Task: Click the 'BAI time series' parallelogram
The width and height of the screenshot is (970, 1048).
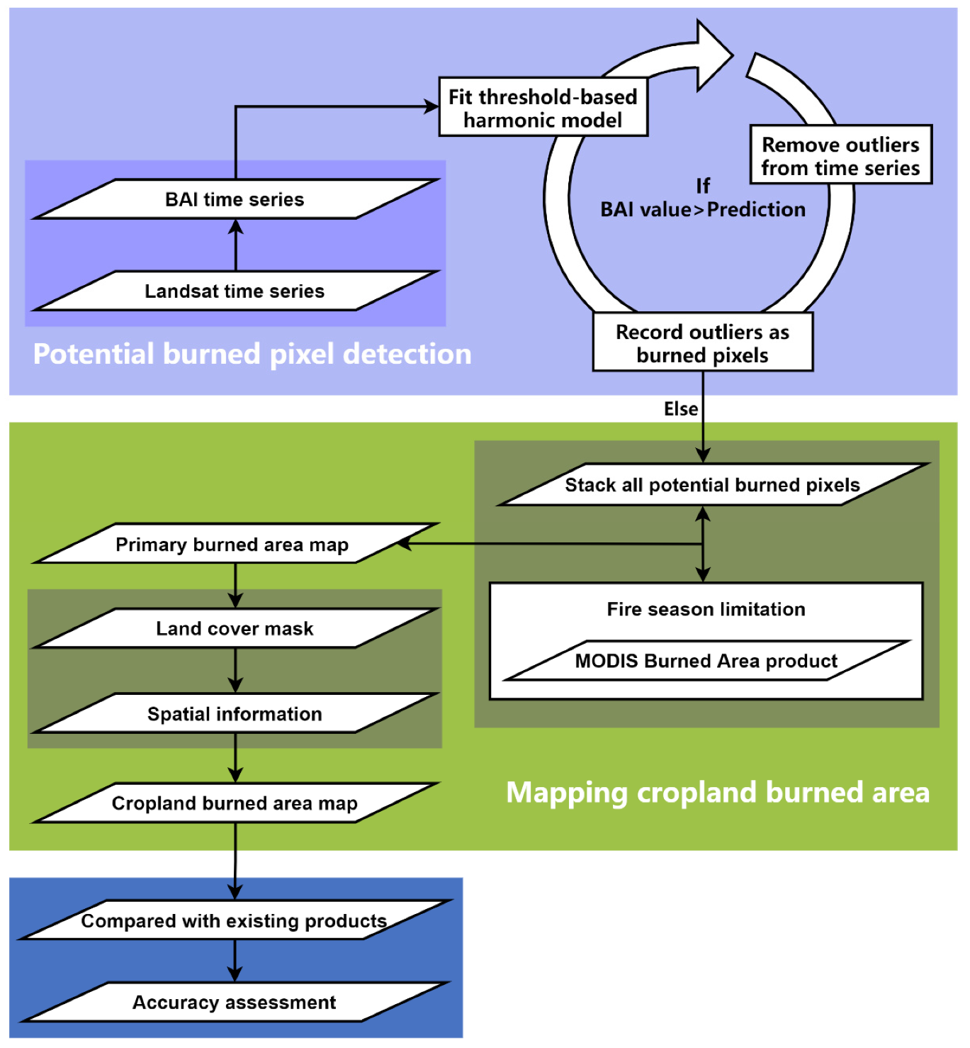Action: (x=235, y=199)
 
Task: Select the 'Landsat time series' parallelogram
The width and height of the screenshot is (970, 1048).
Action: (x=235, y=291)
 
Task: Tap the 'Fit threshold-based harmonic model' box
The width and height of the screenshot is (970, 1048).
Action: (x=543, y=108)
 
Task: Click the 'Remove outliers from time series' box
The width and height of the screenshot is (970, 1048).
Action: (x=840, y=156)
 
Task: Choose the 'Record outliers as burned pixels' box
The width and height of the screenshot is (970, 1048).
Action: (x=702, y=343)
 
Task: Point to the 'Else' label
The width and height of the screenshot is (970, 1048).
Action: (x=680, y=409)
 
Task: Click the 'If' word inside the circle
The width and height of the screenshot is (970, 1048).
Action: (x=702, y=186)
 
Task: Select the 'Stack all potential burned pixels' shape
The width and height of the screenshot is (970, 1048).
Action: (x=712, y=485)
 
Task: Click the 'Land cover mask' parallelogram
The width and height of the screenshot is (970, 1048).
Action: (x=235, y=629)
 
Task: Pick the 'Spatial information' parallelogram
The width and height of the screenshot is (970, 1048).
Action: (x=235, y=714)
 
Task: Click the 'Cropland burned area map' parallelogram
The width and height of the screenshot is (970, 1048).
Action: (x=235, y=803)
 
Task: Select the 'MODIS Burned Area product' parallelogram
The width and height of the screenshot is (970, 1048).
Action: (x=706, y=661)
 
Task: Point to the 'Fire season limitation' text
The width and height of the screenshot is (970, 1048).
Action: (x=706, y=609)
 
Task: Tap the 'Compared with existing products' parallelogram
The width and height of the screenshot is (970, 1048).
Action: (x=234, y=920)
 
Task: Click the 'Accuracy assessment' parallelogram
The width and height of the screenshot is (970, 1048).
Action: (x=234, y=1003)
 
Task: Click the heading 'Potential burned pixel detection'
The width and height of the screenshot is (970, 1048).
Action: (x=252, y=354)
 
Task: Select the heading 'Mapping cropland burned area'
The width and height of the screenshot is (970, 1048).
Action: (x=717, y=793)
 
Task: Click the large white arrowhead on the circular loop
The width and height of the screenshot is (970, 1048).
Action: (x=712, y=55)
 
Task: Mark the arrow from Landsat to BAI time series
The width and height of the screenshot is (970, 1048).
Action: (x=236, y=245)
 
